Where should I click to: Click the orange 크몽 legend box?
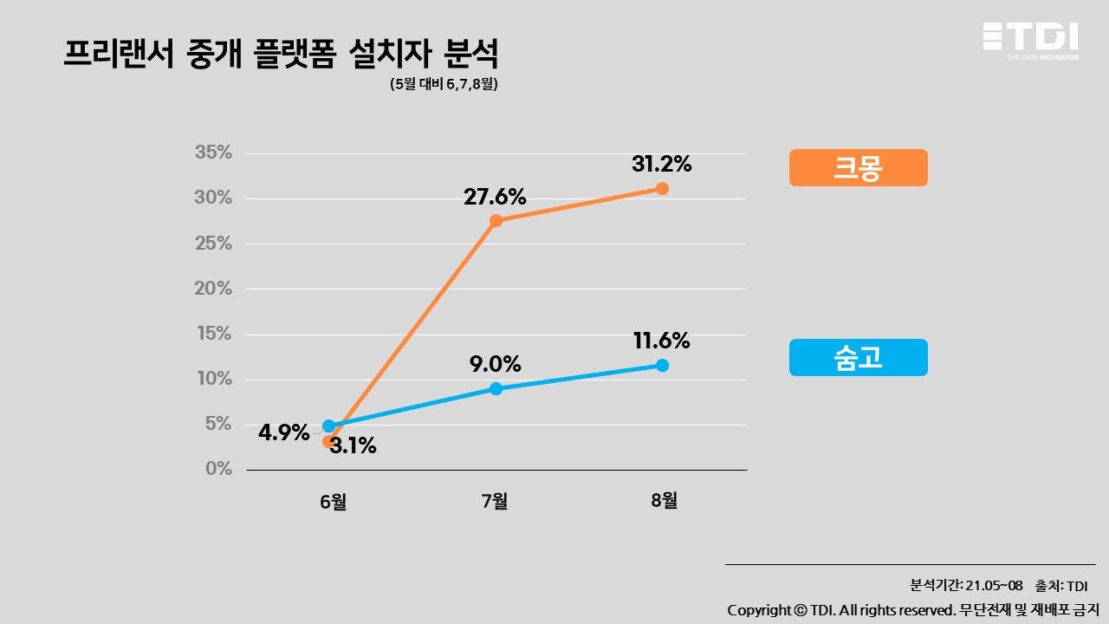(858, 167)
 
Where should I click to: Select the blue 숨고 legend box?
(858, 357)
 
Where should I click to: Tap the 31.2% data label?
(662, 164)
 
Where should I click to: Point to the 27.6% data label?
(495, 197)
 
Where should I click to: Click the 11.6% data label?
(662, 341)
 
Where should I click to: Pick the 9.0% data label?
(495, 364)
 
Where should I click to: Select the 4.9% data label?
(284, 432)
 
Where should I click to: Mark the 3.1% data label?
(353, 446)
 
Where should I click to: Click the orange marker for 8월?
(662, 188)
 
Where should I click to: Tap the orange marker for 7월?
(496, 220)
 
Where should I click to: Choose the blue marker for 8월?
(662, 365)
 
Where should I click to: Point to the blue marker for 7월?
(496, 388)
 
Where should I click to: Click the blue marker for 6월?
(328, 426)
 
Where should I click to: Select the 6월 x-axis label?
(333, 501)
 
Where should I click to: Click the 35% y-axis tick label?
(213, 153)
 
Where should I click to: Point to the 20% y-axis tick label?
(213, 289)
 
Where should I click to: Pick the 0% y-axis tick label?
(218, 469)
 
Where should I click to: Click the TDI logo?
(1030, 39)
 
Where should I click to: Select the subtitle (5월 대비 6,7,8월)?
(444, 85)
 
